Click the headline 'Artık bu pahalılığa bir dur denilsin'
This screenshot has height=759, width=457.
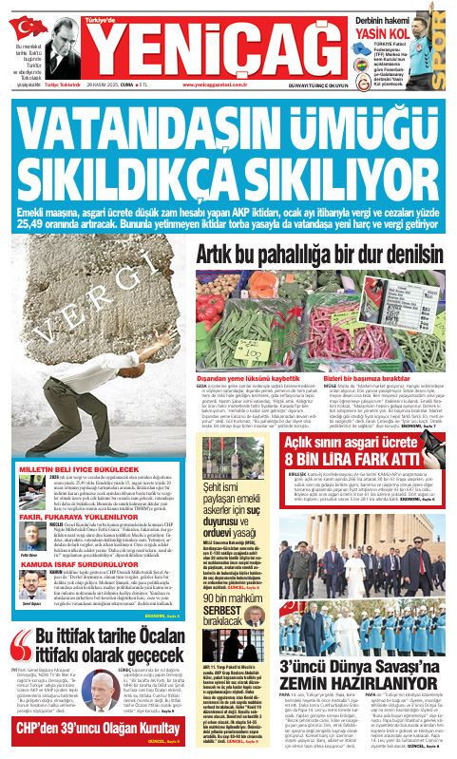click(320, 228)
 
